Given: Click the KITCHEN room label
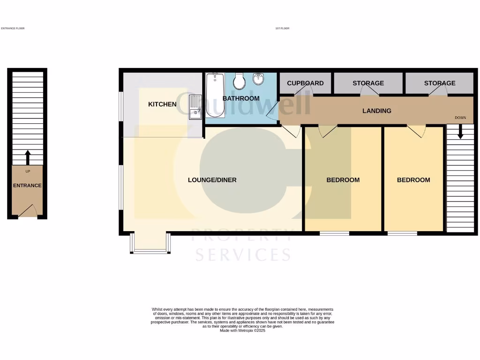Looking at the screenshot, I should (162, 104).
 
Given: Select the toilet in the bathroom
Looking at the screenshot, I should (240, 82).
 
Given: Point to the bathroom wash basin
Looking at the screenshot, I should (258, 79).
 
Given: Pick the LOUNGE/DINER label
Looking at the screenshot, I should (212, 180).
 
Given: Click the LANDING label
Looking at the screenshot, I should (377, 111).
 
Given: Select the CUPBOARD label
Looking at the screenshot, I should (305, 83).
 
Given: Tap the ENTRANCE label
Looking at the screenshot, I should (27, 186).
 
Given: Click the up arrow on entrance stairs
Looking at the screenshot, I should (27, 157).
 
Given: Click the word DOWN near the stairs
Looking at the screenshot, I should (460, 118).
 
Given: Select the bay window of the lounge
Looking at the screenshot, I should (150, 244).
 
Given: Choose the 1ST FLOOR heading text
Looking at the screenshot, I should (282, 29).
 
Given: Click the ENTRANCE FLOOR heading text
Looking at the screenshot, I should (13, 29).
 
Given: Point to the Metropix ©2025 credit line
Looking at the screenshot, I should (242, 330).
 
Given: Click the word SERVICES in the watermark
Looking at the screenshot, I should (242, 255).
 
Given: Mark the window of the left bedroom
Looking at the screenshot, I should (335, 233).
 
